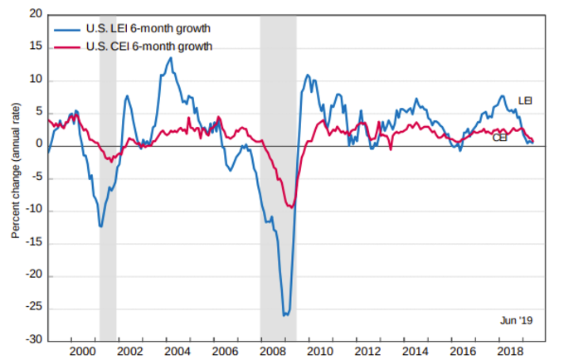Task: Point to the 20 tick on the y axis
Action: point(34,15)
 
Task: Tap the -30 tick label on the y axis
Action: point(32,340)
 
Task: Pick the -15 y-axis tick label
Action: point(32,243)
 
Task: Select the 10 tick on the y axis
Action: point(34,80)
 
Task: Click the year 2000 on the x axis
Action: point(82,352)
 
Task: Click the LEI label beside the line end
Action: point(524,100)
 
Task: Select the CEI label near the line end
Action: point(500,138)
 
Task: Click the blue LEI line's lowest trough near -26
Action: point(285,314)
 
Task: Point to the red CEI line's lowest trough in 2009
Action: point(291,207)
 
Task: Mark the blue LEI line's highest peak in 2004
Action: point(170,57)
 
